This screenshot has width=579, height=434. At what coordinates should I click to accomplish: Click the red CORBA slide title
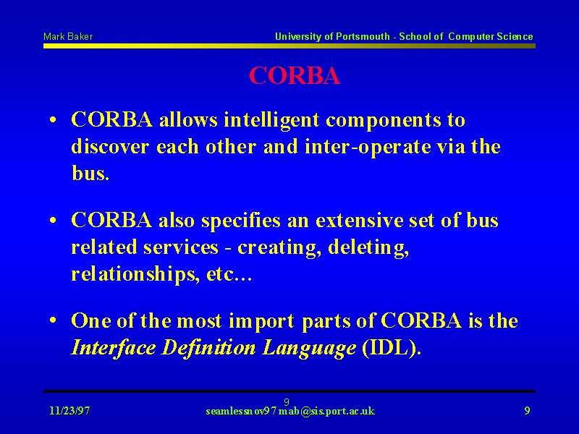(295, 76)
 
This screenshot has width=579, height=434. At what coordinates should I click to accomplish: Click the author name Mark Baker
(68, 37)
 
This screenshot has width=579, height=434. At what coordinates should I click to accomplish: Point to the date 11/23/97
(69, 411)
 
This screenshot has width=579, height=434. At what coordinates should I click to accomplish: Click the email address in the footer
(290, 411)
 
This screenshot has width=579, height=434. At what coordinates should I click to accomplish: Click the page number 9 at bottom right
(528, 411)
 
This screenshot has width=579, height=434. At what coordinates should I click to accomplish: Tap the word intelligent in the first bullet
(271, 120)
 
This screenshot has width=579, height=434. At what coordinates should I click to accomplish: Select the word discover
(111, 147)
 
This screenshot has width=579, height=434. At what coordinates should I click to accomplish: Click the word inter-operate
(368, 148)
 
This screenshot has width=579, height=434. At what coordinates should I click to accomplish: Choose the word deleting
(368, 248)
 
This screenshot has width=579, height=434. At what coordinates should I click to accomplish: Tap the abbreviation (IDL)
(392, 348)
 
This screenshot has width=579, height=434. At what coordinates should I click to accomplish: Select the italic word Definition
(208, 348)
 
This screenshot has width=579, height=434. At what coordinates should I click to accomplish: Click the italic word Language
(310, 349)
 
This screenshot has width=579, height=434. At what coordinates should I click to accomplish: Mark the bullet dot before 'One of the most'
(53, 320)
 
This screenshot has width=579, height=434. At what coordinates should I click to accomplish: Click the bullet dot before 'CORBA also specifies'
(53, 220)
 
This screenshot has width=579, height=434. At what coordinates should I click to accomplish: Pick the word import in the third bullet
(262, 321)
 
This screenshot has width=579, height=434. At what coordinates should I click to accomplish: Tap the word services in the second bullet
(181, 247)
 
